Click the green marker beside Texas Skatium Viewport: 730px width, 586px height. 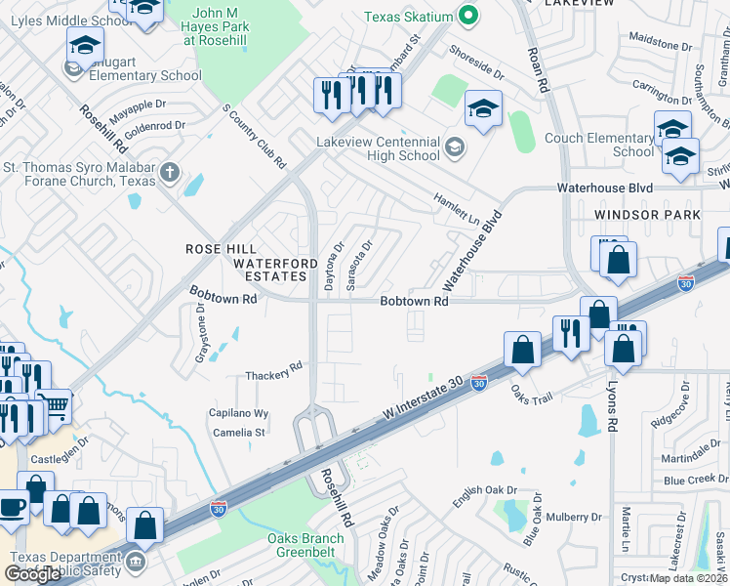click(x=468, y=15)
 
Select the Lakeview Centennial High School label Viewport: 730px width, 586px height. click(x=378, y=148)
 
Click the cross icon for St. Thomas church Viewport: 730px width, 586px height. click(x=170, y=174)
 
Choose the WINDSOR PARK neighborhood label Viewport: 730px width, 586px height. click(x=648, y=214)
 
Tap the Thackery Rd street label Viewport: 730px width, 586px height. click(x=274, y=374)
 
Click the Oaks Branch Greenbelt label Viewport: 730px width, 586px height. click(x=306, y=545)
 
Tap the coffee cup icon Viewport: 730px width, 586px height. click(x=14, y=507)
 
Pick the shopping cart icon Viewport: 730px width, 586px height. click(x=55, y=405)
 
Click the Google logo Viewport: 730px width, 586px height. click(x=32, y=574)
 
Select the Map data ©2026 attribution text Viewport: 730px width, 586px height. click(x=689, y=578)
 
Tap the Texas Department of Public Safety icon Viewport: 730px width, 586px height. click(x=135, y=562)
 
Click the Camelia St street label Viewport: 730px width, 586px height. click(x=240, y=432)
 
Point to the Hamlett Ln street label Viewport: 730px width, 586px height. click(x=459, y=209)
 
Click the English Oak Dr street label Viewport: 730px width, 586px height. click(x=484, y=495)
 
